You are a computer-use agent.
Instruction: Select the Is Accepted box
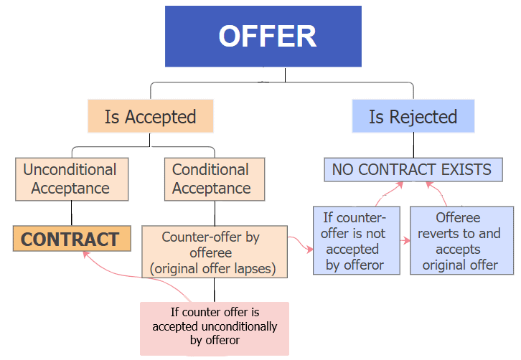coord(150,117)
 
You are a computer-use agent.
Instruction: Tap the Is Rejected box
coord(413,117)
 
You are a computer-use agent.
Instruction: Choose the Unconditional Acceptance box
coord(71,179)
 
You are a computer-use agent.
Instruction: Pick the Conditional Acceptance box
coord(211,179)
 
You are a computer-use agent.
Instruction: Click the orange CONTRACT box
coord(71,239)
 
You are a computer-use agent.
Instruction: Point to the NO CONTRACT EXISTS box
coord(412,170)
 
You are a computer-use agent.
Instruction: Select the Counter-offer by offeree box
coord(214,253)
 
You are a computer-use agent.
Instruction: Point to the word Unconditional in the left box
coord(70,170)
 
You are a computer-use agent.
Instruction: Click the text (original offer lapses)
coord(214,270)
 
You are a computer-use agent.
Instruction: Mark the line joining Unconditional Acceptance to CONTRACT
coord(71,213)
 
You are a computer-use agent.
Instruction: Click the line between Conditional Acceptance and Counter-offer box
coord(214,213)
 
